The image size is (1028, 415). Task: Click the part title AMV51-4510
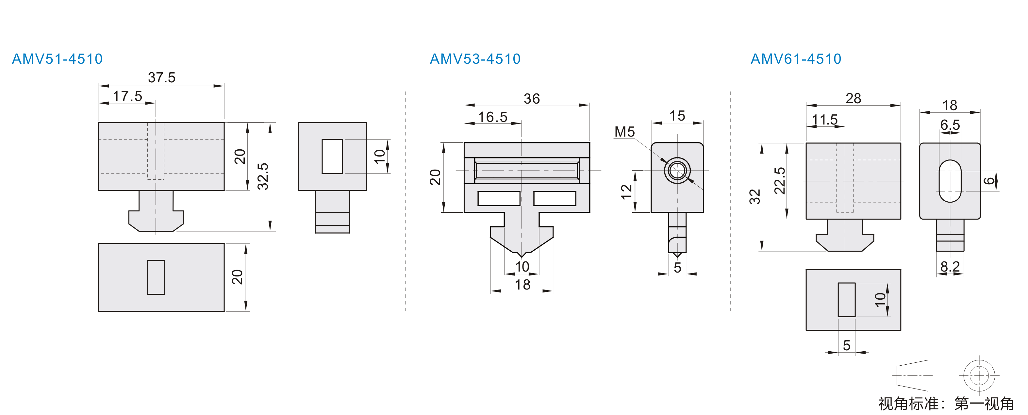tap(58, 59)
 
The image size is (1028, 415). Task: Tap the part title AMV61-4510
tap(796, 59)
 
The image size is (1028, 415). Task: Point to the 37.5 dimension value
tap(162, 77)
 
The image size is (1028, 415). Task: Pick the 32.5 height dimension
tap(263, 176)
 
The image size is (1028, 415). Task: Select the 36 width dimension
tap(532, 99)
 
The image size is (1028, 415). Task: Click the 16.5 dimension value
tap(493, 117)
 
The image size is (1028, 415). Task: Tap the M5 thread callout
tap(624, 132)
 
